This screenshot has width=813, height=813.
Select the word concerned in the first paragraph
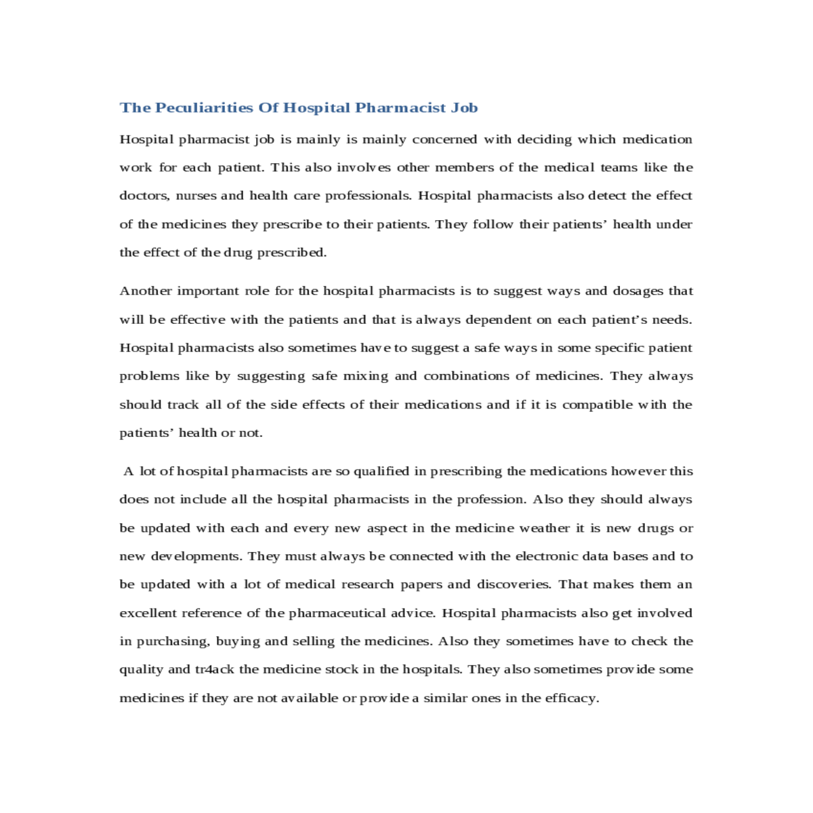(444, 140)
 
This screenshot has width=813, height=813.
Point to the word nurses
(196, 196)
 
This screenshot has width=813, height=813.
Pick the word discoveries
(514, 585)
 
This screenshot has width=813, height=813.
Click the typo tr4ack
(215, 669)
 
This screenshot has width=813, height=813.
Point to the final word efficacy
(572, 698)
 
